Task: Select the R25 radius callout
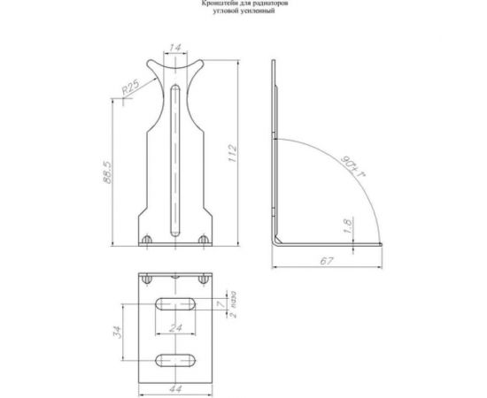coord(132,88)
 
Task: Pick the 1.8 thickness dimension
coord(348,228)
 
